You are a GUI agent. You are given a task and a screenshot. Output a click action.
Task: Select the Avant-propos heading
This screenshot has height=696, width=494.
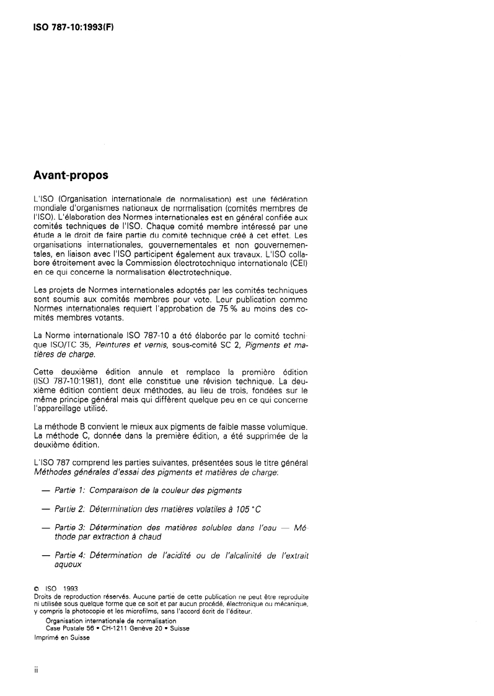tap(71, 176)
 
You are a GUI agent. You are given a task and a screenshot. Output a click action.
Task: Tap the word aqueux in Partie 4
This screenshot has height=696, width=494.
tap(64, 565)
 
